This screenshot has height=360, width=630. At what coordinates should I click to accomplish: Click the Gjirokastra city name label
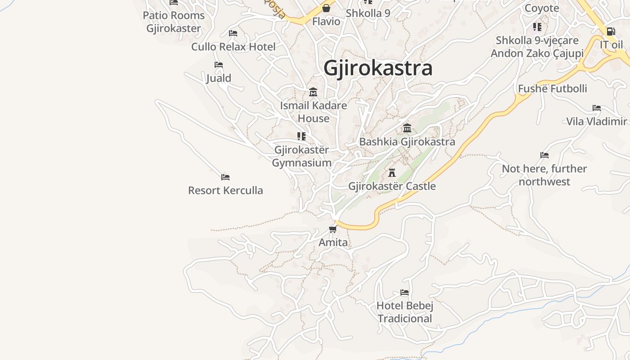tap(378, 68)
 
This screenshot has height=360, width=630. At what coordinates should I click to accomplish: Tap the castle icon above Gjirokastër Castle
tap(392, 172)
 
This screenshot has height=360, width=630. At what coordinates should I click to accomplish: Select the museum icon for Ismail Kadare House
tap(313, 92)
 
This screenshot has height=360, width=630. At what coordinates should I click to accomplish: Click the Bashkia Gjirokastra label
tap(407, 142)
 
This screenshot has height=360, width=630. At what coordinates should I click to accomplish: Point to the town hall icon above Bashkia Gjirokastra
tap(407, 128)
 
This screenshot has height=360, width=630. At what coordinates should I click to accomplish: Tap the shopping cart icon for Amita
tap(333, 229)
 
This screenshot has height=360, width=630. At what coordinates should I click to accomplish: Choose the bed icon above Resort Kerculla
tap(225, 177)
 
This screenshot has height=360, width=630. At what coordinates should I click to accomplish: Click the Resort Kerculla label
tap(225, 190)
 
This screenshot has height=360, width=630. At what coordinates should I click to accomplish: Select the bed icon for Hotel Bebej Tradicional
tap(405, 292)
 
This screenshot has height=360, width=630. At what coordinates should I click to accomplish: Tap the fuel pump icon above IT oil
tap(611, 31)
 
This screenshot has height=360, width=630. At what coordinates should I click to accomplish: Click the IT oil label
tap(612, 45)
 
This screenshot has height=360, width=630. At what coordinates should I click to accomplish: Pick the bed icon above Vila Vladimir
tap(597, 108)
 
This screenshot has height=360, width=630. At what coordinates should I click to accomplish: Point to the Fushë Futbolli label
tap(553, 89)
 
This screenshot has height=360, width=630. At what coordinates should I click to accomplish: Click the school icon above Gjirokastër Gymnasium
tap(301, 136)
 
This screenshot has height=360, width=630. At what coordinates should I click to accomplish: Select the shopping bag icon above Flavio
tap(326, 8)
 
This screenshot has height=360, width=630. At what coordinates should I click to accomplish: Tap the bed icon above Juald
tap(219, 65)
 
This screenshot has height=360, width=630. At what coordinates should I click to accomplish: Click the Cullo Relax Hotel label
tap(234, 47)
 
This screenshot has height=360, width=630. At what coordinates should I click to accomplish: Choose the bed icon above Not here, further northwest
tap(544, 155)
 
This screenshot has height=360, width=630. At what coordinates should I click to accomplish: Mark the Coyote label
tap(542, 8)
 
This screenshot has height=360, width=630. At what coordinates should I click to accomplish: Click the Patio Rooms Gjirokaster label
tap(174, 22)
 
